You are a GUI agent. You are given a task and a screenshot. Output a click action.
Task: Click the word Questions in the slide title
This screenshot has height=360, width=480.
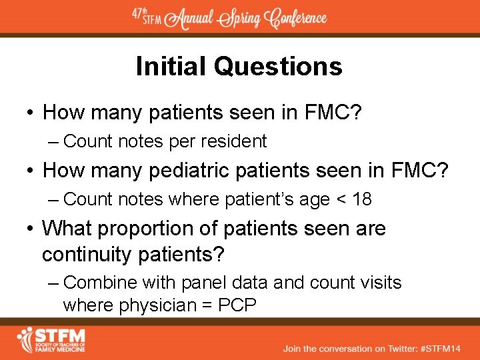(x=278, y=67)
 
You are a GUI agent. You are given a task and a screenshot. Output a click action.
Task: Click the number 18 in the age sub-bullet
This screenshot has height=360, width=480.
(x=362, y=199)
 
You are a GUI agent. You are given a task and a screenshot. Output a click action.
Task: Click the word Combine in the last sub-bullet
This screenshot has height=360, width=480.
(x=93, y=283)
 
